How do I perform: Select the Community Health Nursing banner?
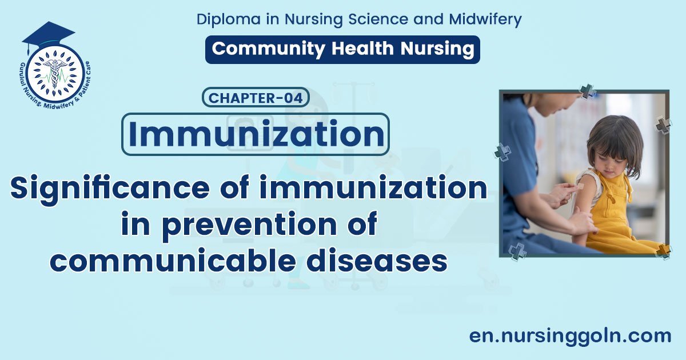pyautogui.click(x=342, y=49)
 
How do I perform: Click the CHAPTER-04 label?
pyautogui.click(x=256, y=98)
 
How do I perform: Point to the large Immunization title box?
pyautogui.click(x=255, y=134)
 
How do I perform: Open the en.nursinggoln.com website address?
pyautogui.click(x=570, y=335)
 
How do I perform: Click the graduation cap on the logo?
pyautogui.click(x=48, y=34)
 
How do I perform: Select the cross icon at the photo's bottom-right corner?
pyautogui.click(x=663, y=250)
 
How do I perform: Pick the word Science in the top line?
pyautogui.click(x=385, y=19)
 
